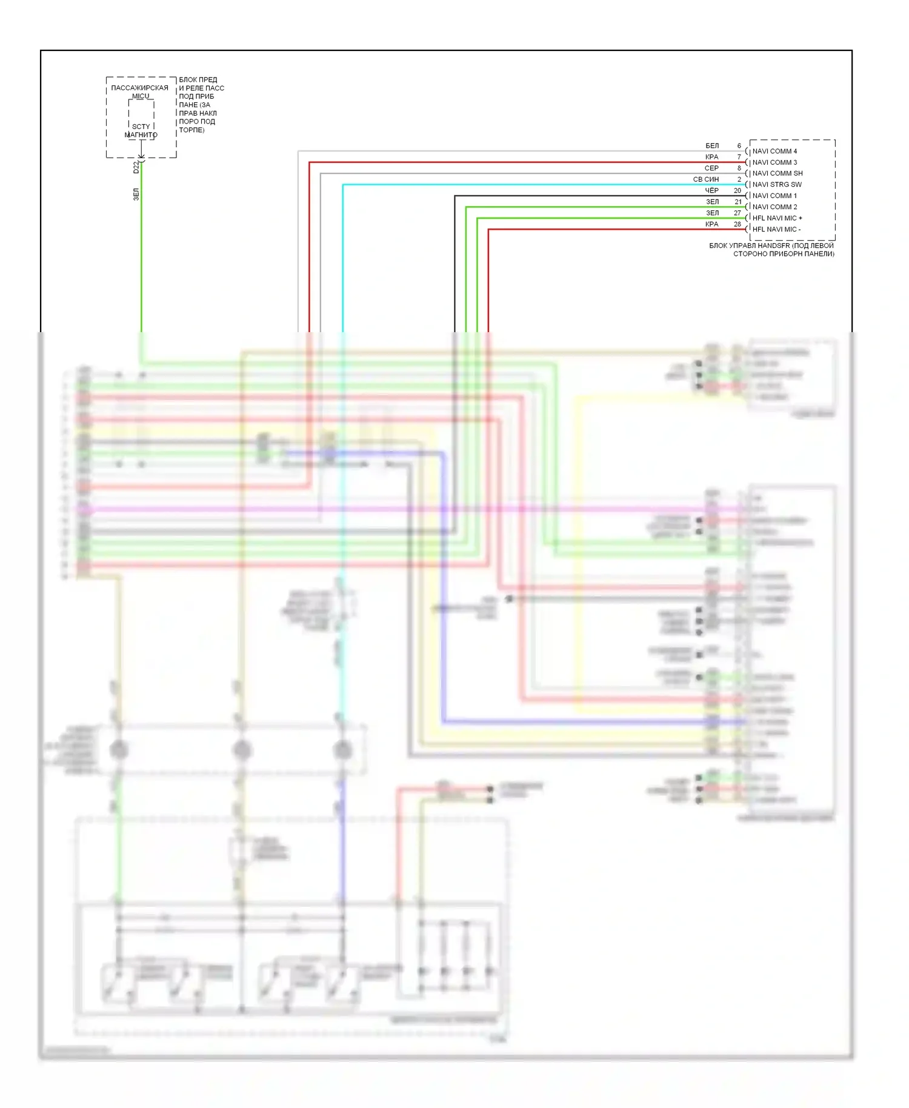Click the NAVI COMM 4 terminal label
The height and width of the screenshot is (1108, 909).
[774, 151]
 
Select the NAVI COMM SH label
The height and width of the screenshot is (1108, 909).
[777, 173]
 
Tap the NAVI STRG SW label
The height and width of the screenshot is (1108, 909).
[777, 184]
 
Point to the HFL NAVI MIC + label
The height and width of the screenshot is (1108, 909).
[777, 218]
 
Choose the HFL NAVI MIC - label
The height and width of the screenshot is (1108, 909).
[776, 229]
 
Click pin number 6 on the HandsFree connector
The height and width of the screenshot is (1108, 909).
[739, 146]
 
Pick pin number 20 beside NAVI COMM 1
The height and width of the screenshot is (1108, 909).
[738, 190]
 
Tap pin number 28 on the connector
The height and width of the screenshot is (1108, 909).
[738, 224]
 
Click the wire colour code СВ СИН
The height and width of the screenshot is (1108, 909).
[706, 179]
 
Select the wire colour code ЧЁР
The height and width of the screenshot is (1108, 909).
[711, 190]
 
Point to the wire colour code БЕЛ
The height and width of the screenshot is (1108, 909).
[712, 146]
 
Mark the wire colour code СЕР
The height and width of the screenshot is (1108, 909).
[711, 169]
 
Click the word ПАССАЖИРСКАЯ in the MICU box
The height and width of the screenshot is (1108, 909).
[139, 88]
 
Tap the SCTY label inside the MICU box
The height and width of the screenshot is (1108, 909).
[141, 127]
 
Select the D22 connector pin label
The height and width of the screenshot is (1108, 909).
[136, 167]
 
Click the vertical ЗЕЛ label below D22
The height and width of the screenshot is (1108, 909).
[136, 194]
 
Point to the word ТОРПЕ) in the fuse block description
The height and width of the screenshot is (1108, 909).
[191, 130]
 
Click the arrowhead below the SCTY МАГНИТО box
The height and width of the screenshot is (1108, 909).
[141, 156]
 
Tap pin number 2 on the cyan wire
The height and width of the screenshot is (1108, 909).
[739, 179]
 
